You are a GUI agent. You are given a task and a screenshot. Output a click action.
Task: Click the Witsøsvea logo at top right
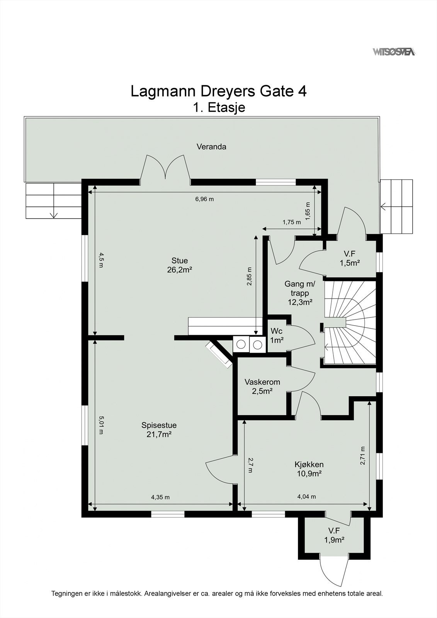coord(394,52)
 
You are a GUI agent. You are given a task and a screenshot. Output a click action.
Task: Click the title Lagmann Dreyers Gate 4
coord(219,92)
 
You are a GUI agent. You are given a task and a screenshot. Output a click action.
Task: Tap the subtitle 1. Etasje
coord(219,107)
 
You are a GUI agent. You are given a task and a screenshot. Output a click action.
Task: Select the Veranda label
coord(211,147)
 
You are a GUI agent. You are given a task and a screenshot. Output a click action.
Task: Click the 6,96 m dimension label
coord(204,199)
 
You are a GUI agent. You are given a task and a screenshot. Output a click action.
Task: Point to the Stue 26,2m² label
coord(180,265)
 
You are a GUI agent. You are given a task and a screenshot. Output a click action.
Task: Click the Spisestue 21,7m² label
coord(159,430)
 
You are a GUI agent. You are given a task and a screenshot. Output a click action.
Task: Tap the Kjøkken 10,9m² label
coord(309,469)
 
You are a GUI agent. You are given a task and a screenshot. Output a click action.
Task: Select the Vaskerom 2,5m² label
coord(262,386)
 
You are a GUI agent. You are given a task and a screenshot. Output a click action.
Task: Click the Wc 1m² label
coord(277,336)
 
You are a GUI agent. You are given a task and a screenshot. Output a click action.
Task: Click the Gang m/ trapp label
coord(300,293)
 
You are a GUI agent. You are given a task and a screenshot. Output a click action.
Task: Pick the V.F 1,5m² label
coord(350,258)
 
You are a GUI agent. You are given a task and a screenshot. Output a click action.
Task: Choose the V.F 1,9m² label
coord(334,535)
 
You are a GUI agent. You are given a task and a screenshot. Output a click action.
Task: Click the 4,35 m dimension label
coord(160,497)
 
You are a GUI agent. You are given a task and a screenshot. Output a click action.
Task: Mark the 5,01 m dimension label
coord(101,425)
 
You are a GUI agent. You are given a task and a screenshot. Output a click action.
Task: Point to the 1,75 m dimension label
coord(291,222)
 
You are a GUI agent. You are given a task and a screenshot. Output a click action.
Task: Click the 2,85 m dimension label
coord(249,276)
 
